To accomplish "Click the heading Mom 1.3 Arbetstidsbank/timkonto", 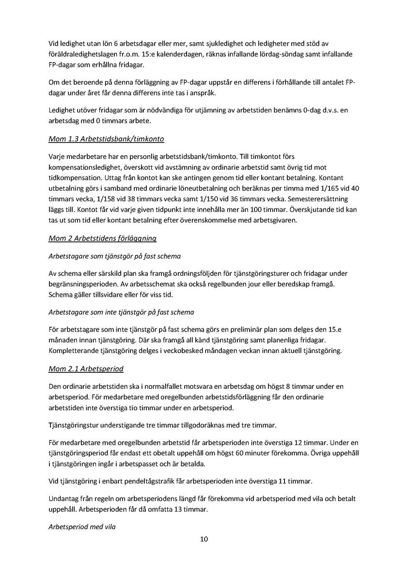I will [x=106, y=140].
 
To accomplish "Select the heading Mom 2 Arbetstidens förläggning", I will [x=102, y=239].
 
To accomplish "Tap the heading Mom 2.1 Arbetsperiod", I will [x=86, y=369].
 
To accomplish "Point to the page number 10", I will [x=204, y=539].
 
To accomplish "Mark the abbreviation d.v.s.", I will [x=323, y=111].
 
